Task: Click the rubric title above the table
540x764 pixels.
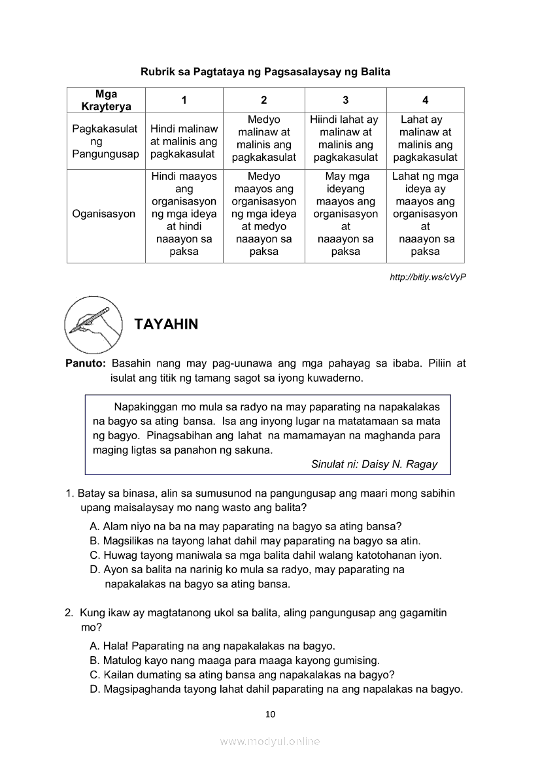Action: click(x=265, y=72)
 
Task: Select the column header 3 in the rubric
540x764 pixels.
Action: click(x=345, y=100)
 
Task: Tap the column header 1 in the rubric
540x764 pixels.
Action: click(x=184, y=100)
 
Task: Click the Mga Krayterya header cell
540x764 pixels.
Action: click(x=106, y=100)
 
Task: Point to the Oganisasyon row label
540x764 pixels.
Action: click(x=105, y=214)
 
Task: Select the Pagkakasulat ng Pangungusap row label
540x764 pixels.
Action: click(x=105, y=141)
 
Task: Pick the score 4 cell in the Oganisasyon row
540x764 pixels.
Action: click(x=425, y=214)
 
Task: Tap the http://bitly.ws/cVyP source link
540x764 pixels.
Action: click(x=428, y=277)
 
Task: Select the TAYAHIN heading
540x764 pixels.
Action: click(x=166, y=324)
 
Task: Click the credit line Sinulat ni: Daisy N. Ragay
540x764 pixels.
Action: click(x=374, y=464)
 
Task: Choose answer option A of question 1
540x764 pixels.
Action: click(x=245, y=526)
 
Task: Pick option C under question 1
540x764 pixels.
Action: click(x=265, y=556)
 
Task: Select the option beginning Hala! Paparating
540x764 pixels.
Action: click(x=212, y=645)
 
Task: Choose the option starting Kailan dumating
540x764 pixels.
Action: click(x=242, y=674)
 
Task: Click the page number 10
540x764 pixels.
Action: click(x=271, y=714)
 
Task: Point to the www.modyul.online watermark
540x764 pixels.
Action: click(x=270, y=741)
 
